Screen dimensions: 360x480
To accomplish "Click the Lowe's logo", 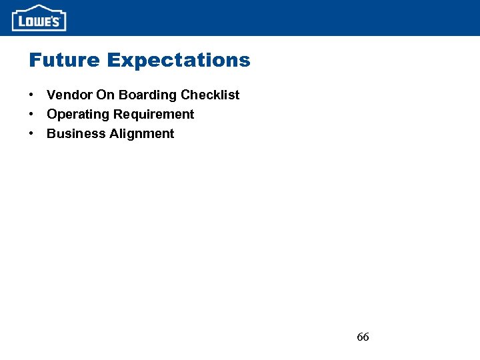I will (x=39, y=18).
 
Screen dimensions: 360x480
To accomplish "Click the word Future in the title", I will (x=64, y=61).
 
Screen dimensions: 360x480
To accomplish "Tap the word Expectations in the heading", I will (x=178, y=61).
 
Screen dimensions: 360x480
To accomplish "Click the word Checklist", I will (x=210, y=95).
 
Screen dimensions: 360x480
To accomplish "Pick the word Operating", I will (x=76, y=115).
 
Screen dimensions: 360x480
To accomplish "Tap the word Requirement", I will (x=153, y=115).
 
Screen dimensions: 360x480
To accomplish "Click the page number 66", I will (x=363, y=337).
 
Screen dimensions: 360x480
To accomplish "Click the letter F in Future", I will (x=35, y=61).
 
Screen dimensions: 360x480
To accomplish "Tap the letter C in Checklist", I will (x=186, y=95).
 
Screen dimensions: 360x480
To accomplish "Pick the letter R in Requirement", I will (x=118, y=115).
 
